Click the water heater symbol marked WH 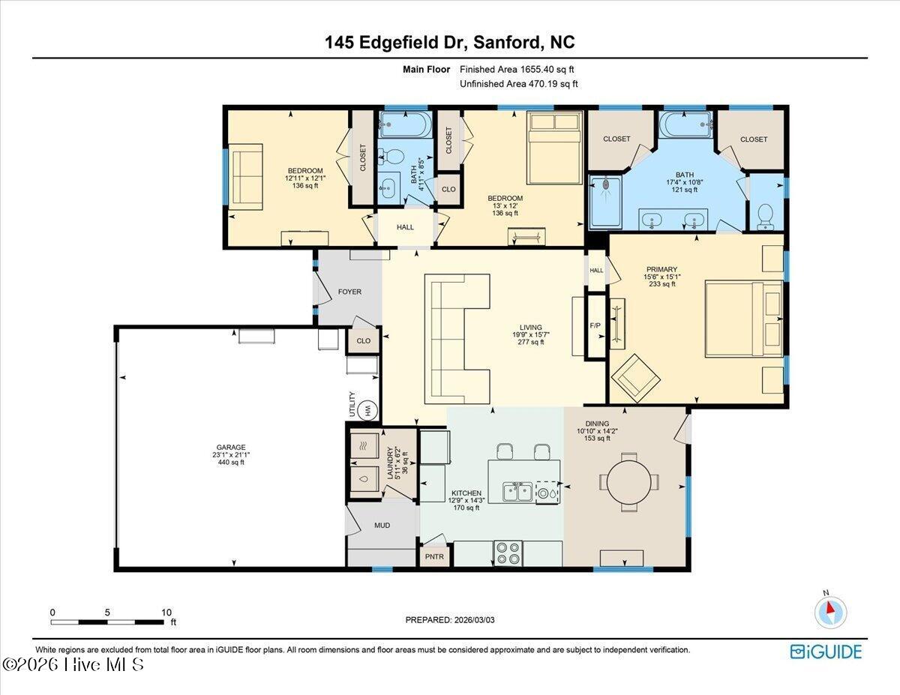367,411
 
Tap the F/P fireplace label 595,326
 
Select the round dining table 628,482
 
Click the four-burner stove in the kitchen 508,553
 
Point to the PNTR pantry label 434,557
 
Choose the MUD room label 382,526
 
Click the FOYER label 349,292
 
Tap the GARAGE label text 231,447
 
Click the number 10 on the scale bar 166,613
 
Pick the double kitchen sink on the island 517,492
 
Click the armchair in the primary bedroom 635,379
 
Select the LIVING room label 530,328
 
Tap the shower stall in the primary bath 605,202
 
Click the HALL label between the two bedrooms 405,227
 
